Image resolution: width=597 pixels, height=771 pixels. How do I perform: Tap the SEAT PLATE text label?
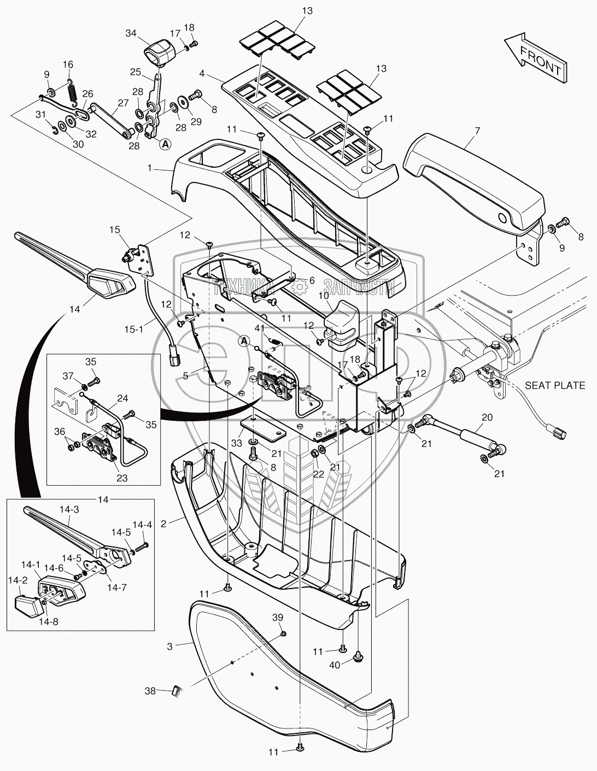coord(555,386)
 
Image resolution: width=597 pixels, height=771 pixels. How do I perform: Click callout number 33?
coord(237,442)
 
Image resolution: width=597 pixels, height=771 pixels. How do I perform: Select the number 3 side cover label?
coord(170,646)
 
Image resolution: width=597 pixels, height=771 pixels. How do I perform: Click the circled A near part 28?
coord(164,144)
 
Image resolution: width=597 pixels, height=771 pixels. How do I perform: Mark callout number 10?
coord(323,296)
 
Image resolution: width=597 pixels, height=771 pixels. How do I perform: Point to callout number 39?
coord(278,617)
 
